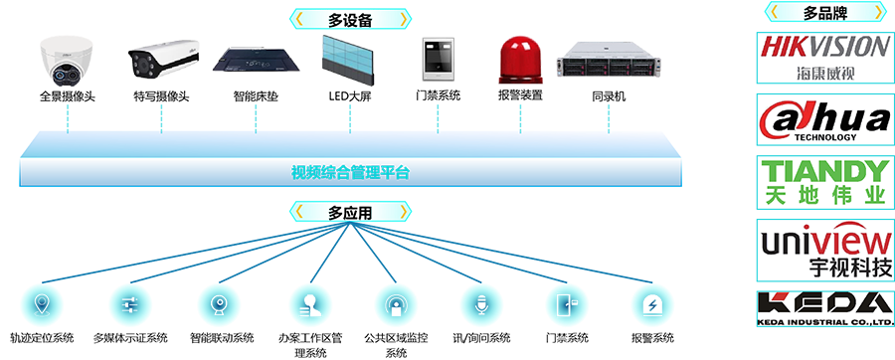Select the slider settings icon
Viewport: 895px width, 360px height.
tap(129, 304)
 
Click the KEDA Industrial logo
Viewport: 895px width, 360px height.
tap(824, 309)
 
